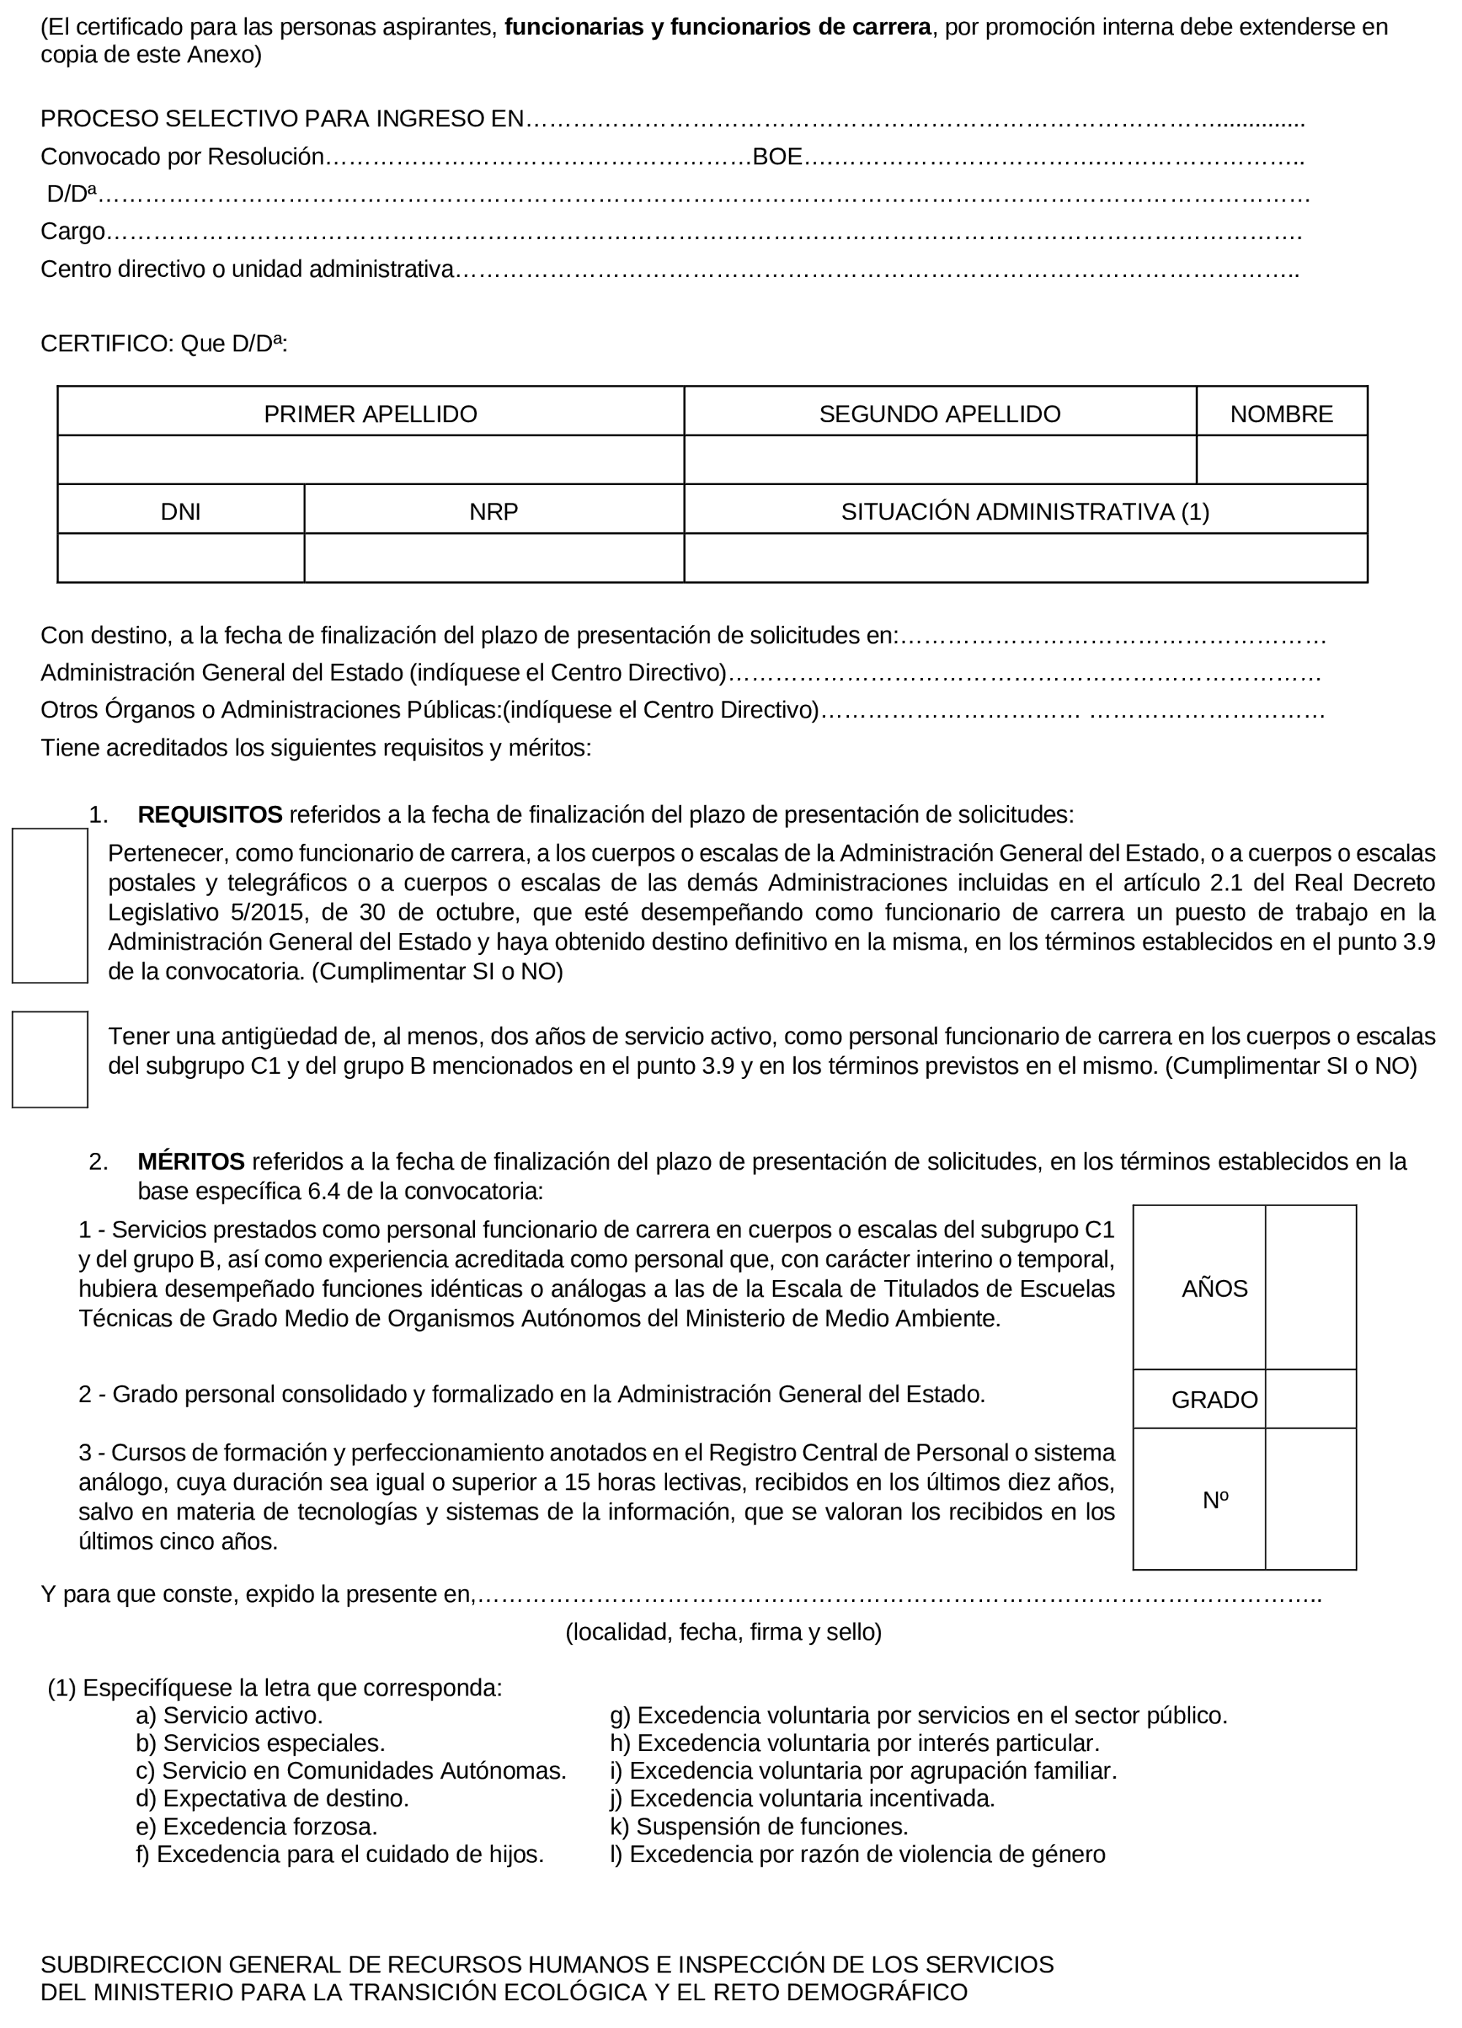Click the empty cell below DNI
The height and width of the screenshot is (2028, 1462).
pos(180,558)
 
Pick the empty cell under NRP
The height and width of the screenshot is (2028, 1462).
pos(494,558)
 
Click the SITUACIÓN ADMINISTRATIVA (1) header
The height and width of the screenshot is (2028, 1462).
pos(1025,511)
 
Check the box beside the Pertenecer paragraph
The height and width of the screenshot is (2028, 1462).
pos(50,905)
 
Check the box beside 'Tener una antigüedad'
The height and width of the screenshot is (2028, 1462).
pos(50,1059)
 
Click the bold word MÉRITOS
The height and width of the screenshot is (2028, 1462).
pos(191,1162)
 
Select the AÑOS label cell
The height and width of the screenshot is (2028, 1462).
pos(1214,1289)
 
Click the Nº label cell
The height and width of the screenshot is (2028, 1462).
pos(1214,1500)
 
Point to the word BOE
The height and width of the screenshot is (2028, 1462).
pos(776,156)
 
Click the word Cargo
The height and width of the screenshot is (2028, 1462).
pos(72,232)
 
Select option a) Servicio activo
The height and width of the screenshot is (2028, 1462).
pos(229,1715)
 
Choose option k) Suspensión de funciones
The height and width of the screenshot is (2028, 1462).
pos(758,1826)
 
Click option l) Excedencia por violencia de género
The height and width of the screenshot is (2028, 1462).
pos(856,1853)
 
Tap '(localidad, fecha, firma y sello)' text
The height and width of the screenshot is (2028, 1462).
pos(723,1632)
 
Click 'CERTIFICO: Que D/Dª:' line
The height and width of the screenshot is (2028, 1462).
pos(164,343)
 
